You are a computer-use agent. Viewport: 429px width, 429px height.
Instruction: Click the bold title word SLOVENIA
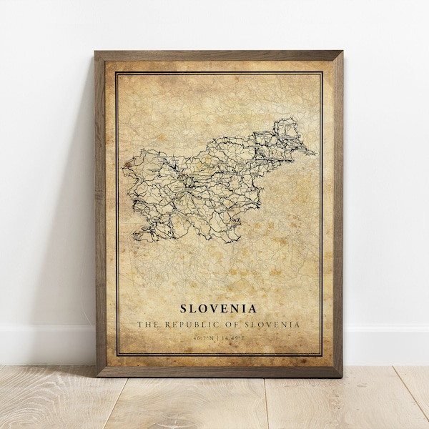tap(219, 309)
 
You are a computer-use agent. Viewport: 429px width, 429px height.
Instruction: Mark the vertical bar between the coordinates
tap(219, 337)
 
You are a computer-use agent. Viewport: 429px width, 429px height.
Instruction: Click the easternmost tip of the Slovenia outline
tap(315, 152)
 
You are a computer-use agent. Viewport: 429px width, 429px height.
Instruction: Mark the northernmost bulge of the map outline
tap(284, 124)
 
